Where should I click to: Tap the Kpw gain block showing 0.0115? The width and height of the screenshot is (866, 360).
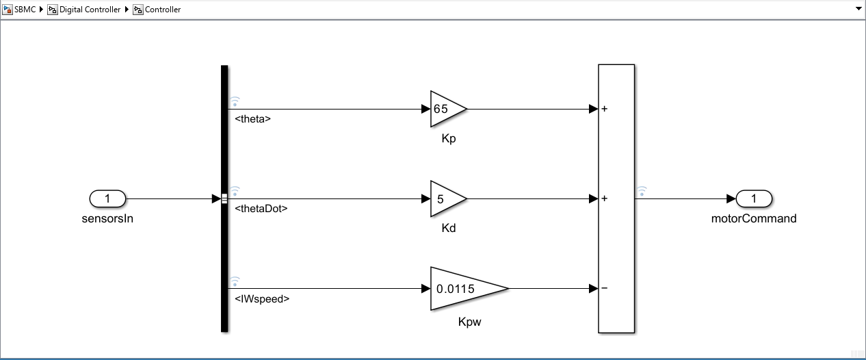(465, 289)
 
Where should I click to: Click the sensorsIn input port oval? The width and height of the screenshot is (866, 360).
(107, 199)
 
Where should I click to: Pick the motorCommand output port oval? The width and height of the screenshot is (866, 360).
(754, 199)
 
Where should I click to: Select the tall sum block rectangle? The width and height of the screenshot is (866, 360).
(616, 151)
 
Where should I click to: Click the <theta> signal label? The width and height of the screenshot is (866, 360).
(252, 119)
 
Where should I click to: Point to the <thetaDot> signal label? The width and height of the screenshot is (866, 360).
(261, 209)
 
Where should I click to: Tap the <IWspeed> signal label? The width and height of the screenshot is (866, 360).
(261, 298)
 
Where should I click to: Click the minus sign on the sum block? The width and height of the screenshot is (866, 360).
(605, 288)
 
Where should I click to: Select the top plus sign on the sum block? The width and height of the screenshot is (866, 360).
(605, 109)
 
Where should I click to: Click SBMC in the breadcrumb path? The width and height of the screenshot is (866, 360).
(25, 10)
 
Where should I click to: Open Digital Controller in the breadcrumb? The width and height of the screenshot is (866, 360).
(90, 10)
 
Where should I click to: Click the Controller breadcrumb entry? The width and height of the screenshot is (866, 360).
(163, 10)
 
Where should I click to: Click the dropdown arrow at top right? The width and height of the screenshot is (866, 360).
(858, 10)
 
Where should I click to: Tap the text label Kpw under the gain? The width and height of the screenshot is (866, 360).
(469, 322)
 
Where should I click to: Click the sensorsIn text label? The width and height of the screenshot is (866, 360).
(107, 219)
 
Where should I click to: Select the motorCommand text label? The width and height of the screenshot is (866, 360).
(754, 219)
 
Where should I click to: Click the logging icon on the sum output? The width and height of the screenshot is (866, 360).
(642, 192)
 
